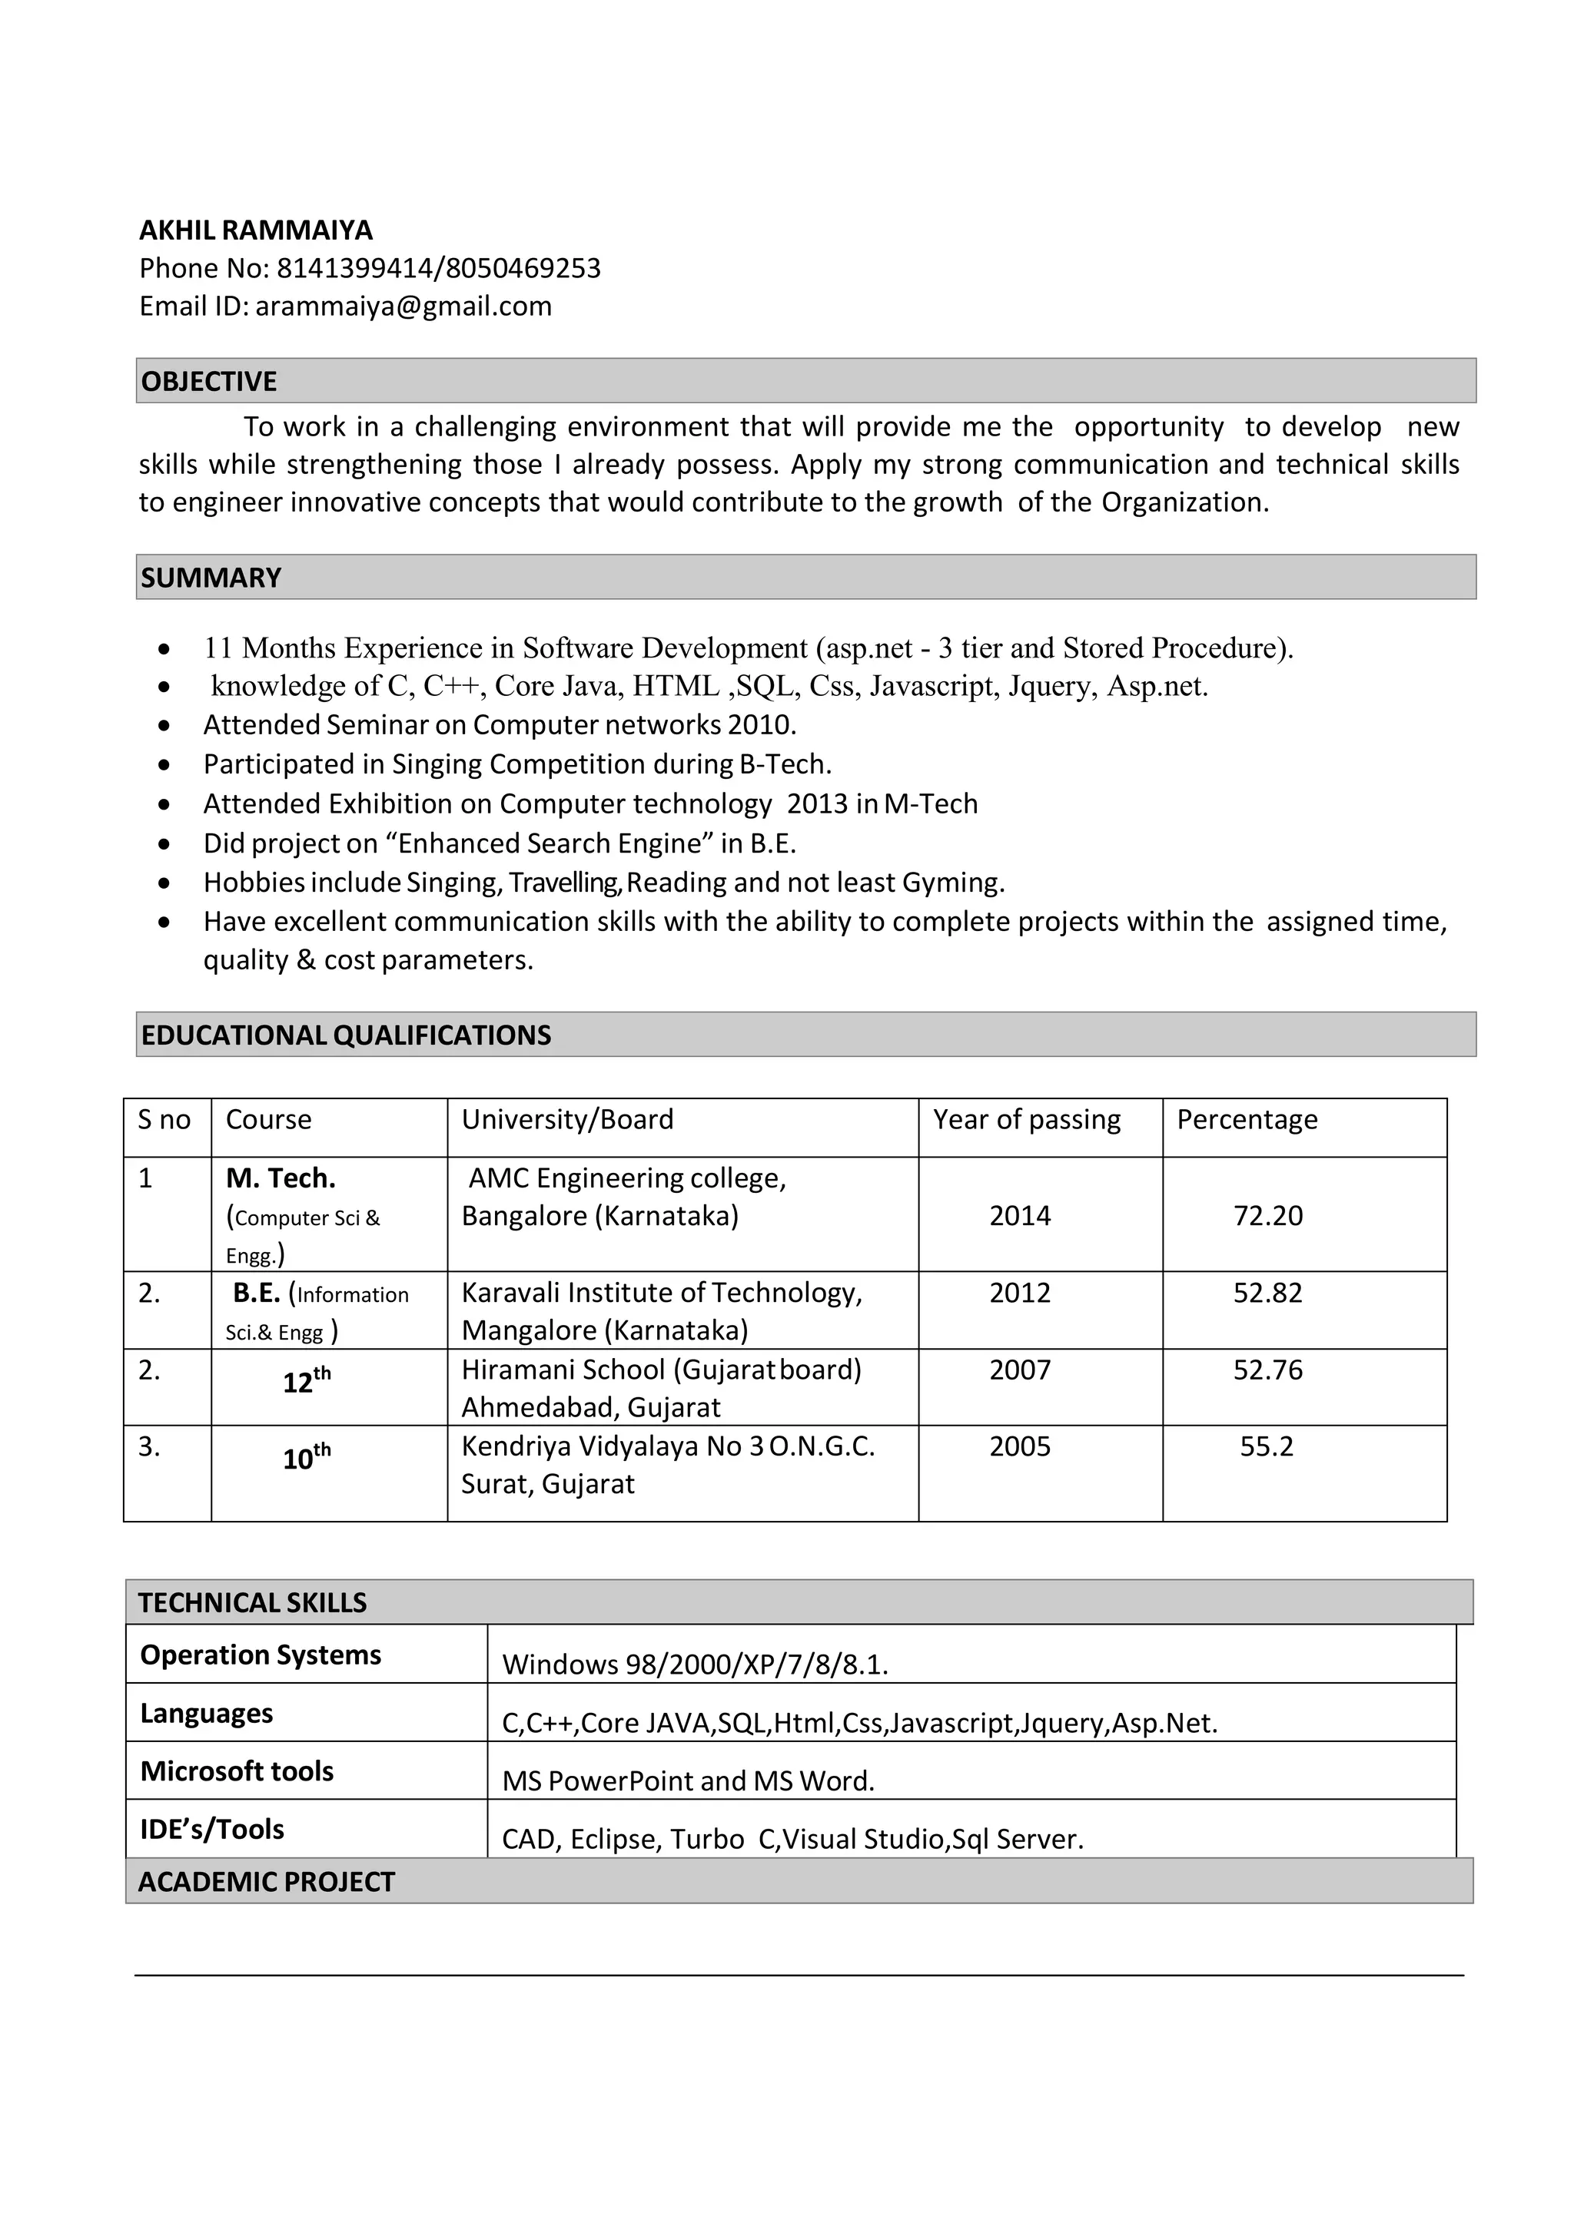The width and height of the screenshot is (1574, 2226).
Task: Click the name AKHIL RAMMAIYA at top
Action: pyautogui.click(x=256, y=230)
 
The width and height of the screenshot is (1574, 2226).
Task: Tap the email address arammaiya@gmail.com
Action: pyautogui.click(x=403, y=306)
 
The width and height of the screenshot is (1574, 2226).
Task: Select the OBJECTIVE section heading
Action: pyautogui.click(x=210, y=381)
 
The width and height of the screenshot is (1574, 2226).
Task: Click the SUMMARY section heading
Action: pyautogui.click(x=211, y=578)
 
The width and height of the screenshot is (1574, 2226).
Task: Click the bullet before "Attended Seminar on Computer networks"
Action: pyautogui.click(x=166, y=725)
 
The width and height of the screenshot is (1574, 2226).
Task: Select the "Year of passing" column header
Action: pyautogui.click(x=1026, y=1120)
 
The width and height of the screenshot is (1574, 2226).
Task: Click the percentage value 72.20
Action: pyautogui.click(x=1267, y=1216)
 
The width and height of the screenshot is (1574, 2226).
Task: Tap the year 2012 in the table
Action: pyautogui.click(x=1019, y=1294)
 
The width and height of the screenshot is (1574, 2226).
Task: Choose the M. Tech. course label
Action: pyautogui.click(x=281, y=1179)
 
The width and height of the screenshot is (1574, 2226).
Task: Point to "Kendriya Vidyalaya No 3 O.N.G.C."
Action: pyautogui.click(x=668, y=1446)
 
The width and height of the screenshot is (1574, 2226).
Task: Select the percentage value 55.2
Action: pyautogui.click(x=1267, y=1446)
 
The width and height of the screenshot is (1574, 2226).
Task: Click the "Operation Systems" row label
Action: pyautogui.click(x=261, y=1655)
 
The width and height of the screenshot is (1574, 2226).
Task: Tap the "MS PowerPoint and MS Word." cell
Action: pyautogui.click(x=689, y=1781)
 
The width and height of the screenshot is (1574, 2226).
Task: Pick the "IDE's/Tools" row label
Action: pyautogui.click(x=212, y=1830)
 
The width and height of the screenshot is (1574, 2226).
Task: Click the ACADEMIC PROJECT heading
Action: pyautogui.click(x=267, y=1882)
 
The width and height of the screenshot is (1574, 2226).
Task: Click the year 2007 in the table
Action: pyautogui.click(x=1019, y=1370)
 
